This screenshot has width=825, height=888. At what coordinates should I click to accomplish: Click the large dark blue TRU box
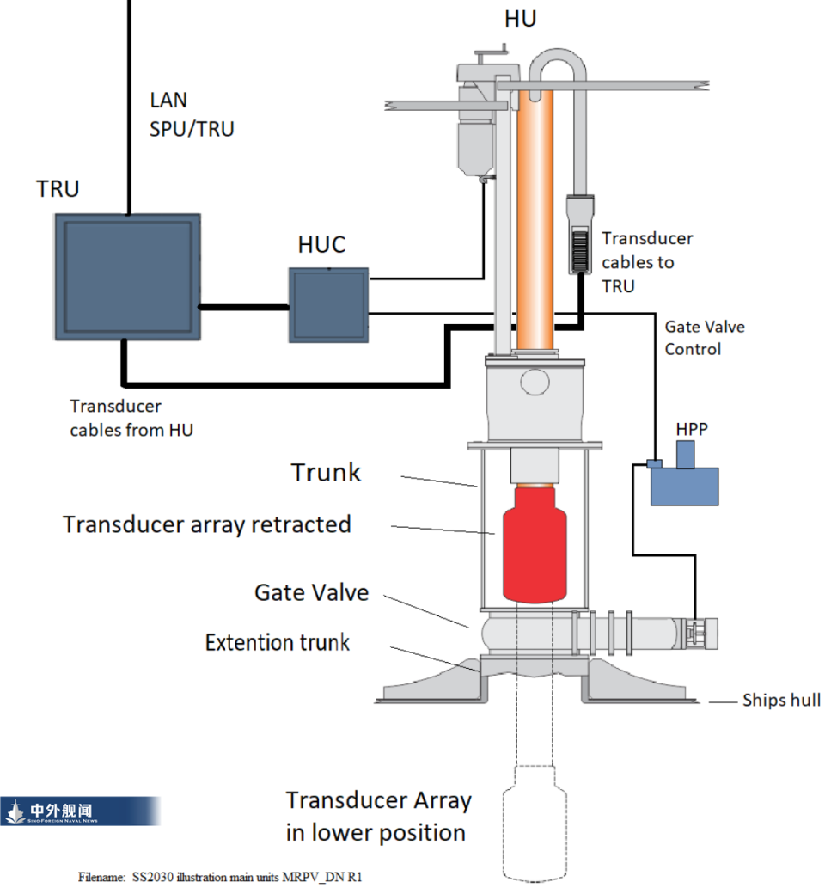click(129, 276)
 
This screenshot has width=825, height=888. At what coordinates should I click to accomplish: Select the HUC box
click(327, 304)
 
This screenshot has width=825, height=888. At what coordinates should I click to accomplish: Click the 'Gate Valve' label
click(311, 592)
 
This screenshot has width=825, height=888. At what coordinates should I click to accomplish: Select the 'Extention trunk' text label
click(277, 642)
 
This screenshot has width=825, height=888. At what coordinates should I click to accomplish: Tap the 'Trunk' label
click(326, 472)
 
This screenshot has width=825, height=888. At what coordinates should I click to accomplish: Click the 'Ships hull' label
click(780, 701)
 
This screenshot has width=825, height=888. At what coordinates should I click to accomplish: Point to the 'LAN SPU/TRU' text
click(192, 115)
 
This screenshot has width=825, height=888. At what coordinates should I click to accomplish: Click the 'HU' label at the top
click(520, 19)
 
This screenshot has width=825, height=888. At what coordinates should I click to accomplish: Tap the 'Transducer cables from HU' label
click(131, 418)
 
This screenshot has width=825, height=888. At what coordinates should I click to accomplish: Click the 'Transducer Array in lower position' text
click(378, 816)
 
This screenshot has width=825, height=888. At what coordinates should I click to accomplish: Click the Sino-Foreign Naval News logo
click(80, 811)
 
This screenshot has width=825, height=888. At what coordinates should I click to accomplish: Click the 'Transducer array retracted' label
click(207, 524)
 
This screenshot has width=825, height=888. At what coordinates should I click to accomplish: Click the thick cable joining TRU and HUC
click(245, 305)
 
